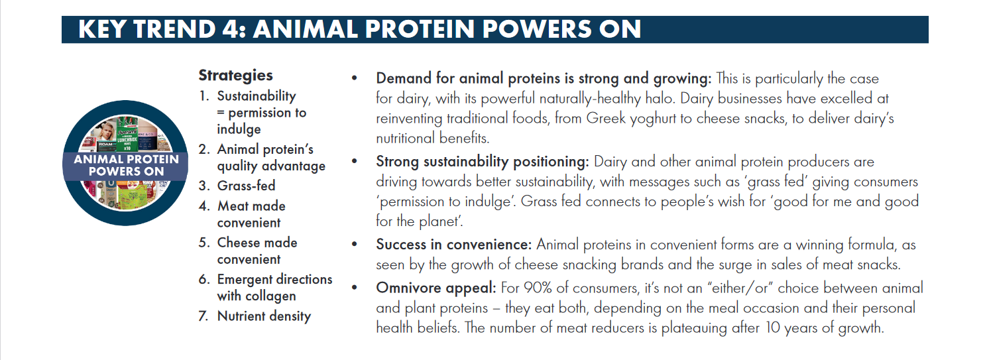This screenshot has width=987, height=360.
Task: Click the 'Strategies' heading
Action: point(236,76)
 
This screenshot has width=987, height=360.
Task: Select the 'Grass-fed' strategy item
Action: point(247,186)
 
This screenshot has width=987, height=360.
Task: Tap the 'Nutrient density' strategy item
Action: point(264,316)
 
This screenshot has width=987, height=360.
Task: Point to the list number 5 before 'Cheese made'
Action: point(203,243)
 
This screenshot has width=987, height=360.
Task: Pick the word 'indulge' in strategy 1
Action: point(239,129)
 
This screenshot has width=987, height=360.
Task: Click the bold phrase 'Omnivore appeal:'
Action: point(435,288)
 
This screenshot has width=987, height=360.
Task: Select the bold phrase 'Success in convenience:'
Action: point(454,245)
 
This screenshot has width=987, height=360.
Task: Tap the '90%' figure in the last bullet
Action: point(538,288)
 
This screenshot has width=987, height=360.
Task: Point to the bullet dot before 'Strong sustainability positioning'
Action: point(354,161)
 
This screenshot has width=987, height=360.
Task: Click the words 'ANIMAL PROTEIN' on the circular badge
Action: point(127,159)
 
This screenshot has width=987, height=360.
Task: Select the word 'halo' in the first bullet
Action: point(658,98)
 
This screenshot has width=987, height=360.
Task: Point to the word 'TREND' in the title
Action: point(174,29)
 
